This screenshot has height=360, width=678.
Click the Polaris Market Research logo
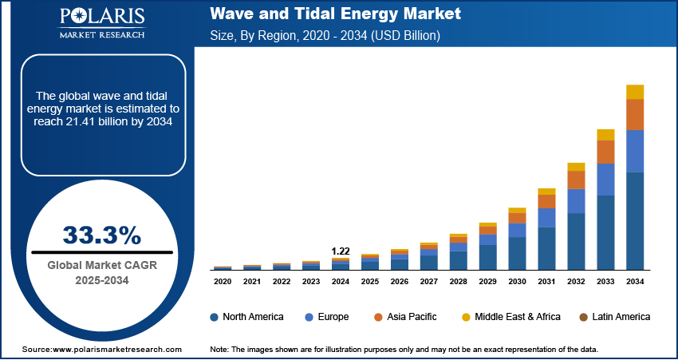tap(101, 24)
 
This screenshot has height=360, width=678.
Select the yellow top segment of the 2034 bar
tap(635, 92)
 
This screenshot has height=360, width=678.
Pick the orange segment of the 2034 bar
tap(635, 115)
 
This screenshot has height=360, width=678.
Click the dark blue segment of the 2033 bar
tap(605, 232)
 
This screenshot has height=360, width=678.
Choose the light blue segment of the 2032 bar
tap(576, 201)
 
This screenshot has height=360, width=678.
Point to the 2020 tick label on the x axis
tap(223, 282)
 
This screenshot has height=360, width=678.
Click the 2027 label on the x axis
tap(428, 282)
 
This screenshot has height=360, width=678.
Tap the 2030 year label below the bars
tap(517, 282)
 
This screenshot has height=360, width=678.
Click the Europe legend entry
tap(327, 317)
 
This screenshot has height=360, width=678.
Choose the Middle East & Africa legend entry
tap(510, 317)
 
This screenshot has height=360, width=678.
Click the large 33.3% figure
tap(101, 235)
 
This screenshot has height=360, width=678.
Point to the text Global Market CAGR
tap(101, 265)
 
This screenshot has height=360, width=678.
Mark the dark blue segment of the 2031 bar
tap(546, 248)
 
